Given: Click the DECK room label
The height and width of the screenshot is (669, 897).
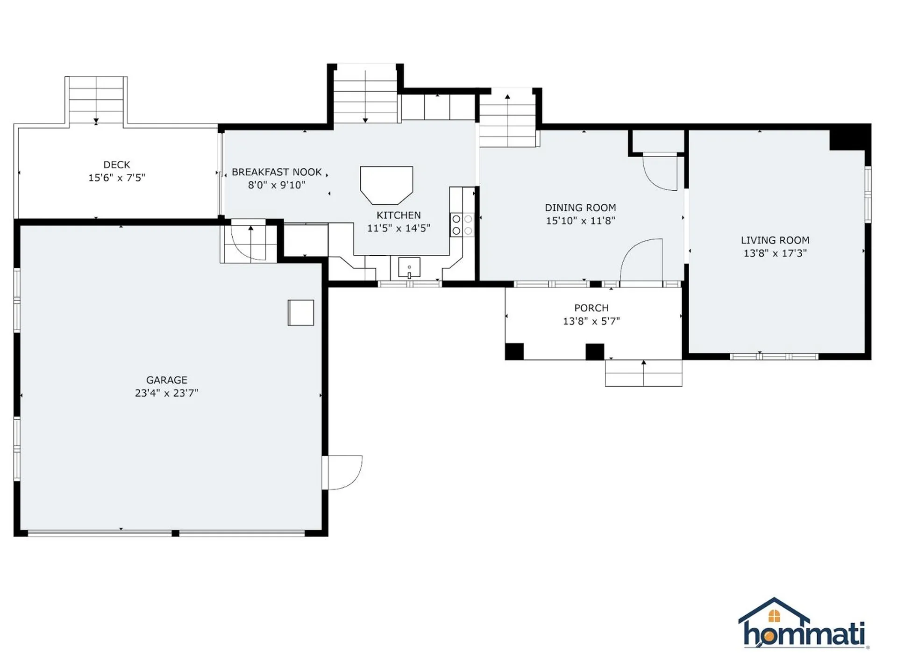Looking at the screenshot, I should coord(116,165).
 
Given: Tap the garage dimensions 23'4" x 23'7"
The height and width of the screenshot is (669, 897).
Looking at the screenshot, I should coord(166,393).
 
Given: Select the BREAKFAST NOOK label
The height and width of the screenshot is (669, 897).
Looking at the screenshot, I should coord(277,172).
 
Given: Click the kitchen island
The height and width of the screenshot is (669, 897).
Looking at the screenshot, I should coord(386,185).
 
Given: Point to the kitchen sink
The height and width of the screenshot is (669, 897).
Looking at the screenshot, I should coord(409,267).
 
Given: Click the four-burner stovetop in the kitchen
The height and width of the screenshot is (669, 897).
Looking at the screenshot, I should coord(462,225).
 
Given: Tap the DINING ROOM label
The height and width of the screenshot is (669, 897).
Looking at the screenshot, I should coord(580,208).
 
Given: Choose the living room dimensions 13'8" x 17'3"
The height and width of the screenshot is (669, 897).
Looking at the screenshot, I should coord(775,253).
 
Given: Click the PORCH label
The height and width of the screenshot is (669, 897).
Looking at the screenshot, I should coord(591,308).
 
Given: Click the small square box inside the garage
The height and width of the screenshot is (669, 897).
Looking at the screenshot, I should coord(300,313).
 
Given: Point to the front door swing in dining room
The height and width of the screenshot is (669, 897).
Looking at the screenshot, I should coord(642,260).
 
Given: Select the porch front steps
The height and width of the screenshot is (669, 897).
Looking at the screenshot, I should coord(643,373).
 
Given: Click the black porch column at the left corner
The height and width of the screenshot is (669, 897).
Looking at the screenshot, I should coord(514,351).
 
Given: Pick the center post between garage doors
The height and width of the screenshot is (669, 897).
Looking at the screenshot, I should coord(175,533).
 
